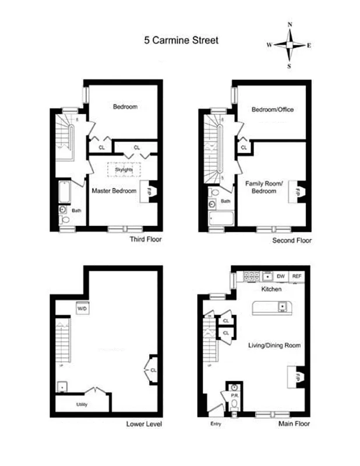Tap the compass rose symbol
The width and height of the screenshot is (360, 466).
pyautogui.click(x=290, y=45)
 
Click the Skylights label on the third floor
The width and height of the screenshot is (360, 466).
pyautogui.click(x=124, y=169)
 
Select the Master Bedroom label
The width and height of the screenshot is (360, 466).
pyautogui.click(x=114, y=191)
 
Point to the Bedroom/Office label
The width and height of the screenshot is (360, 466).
pyautogui.click(x=273, y=110)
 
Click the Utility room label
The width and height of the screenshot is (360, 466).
pyautogui.click(x=82, y=404)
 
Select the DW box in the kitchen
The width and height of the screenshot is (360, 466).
pyautogui.click(x=281, y=276)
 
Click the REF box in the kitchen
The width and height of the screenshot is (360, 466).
pyautogui.click(x=297, y=276)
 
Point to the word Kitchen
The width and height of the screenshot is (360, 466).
pyautogui.click(x=271, y=290)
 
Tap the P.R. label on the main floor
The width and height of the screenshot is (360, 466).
pyautogui.click(x=235, y=395)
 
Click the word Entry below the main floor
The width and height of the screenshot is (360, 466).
pyautogui.click(x=216, y=424)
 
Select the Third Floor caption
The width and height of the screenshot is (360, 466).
pyautogui.click(x=146, y=239)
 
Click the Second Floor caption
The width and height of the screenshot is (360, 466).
pyautogui.click(x=292, y=240)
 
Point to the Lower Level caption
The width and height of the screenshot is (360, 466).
pyautogui.click(x=144, y=423)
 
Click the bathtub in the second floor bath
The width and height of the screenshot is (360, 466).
pyautogui.click(x=221, y=219)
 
